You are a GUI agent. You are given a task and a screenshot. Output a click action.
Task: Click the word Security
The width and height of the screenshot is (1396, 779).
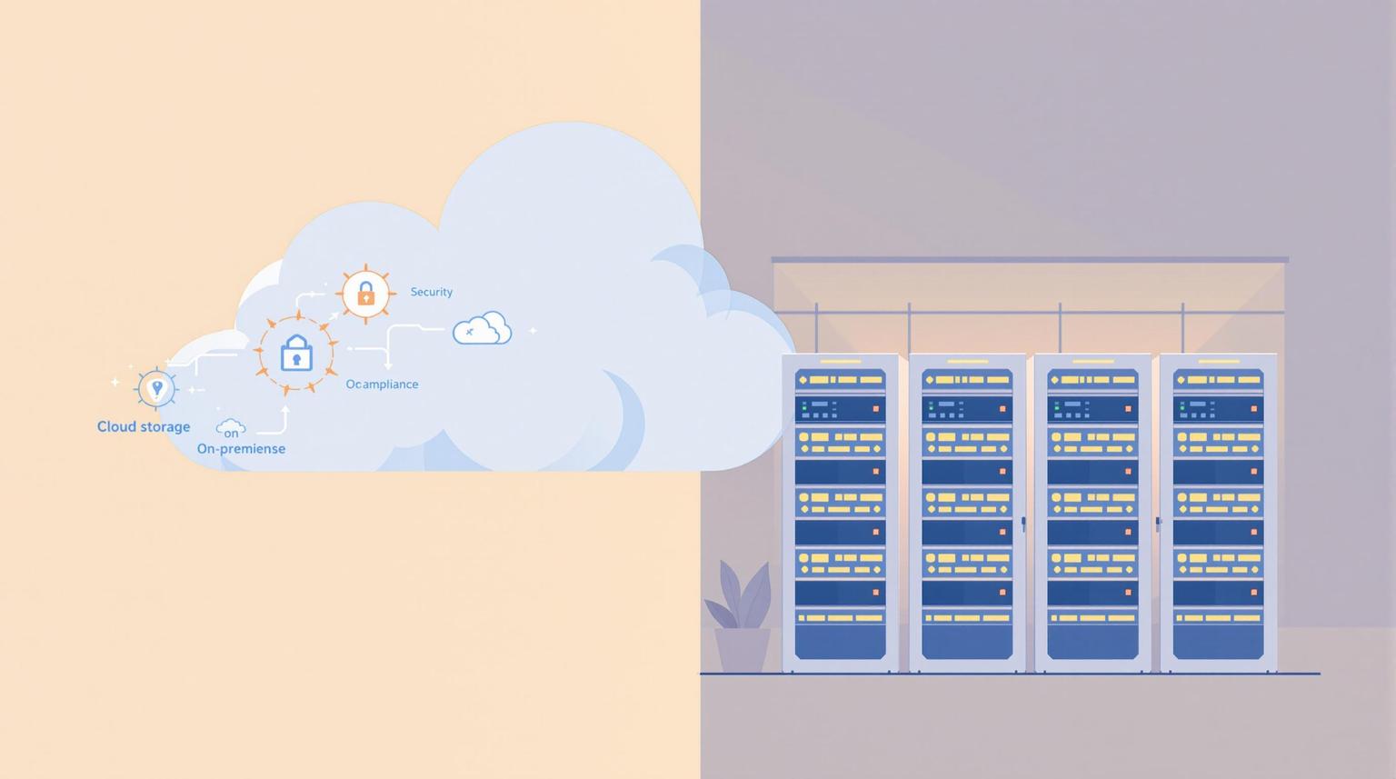[431, 292]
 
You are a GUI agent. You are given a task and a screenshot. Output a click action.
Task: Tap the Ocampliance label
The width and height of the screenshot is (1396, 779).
[382, 385]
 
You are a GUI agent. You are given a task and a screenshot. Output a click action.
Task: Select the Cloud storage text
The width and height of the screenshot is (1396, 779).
[144, 426]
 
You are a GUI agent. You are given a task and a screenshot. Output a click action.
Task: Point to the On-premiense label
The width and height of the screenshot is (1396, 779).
[241, 448]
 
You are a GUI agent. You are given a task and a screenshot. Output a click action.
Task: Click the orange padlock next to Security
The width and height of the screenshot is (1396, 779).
[365, 294]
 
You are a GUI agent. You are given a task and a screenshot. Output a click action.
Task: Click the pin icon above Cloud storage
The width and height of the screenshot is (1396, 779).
[156, 388]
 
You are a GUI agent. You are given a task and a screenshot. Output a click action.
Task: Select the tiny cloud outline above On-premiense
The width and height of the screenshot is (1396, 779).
[231, 426]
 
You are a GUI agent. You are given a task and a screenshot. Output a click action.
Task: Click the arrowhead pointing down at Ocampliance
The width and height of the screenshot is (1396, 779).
[388, 365]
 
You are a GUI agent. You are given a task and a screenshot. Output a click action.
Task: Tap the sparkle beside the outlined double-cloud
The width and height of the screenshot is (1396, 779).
[533, 330]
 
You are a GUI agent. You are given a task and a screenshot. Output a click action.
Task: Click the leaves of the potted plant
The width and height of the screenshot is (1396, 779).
[738, 595]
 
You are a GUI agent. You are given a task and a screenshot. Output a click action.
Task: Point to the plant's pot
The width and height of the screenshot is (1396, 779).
[743, 650]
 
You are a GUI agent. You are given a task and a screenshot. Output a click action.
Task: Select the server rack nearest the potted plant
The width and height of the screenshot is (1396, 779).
[840, 514]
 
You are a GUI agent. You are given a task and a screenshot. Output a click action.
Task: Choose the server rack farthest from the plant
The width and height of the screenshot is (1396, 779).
[1218, 514]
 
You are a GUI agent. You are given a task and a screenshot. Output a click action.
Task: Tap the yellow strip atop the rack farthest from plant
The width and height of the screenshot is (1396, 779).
[1218, 362]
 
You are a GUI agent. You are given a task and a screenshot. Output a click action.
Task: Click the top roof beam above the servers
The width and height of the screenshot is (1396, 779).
[1029, 260]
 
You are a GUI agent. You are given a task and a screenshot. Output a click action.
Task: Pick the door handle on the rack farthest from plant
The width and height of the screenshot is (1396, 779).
[1158, 523]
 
